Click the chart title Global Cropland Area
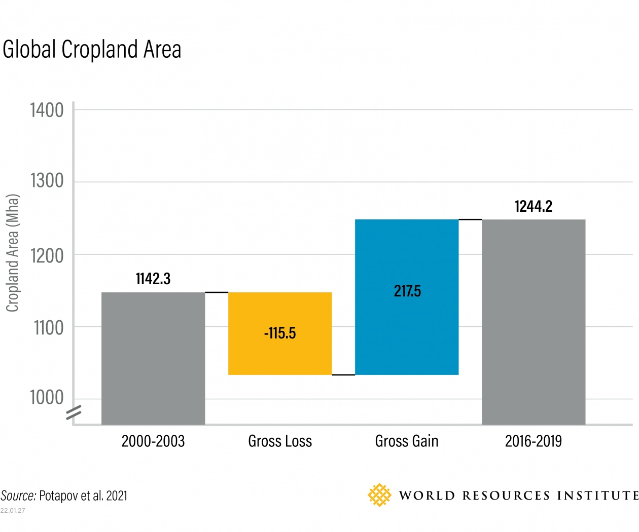pyautogui.click(x=92, y=50)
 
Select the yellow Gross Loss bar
pyautogui.click(x=280, y=355)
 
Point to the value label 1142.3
pyautogui.click(x=153, y=279)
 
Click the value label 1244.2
pyautogui.click(x=534, y=206)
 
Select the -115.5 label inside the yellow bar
pyautogui.click(x=280, y=333)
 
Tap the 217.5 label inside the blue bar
pyautogui.click(x=407, y=291)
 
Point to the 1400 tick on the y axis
pyautogui.click(x=47, y=110)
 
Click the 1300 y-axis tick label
pyautogui.click(x=47, y=181)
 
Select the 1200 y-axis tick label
pyautogui.click(x=47, y=256)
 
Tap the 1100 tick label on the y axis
pyautogui.click(x=49, y=328)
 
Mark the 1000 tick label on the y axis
pyautogui.click(x=47, y=397)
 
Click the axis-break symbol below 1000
pyautogui.click(x=74, y=413)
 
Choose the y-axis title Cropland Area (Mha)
pyautogui.click(x=12, y=253)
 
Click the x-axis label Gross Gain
pyautogui.click(x=407, y=441)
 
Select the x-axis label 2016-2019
pyautogui.click(x=534, y=441)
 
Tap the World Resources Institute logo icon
pyautogui.click(x=379, y=495)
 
